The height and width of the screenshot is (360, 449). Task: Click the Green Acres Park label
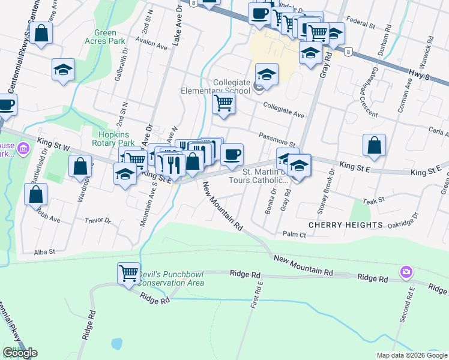point(109,37)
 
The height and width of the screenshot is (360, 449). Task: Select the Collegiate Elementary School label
point(215,87)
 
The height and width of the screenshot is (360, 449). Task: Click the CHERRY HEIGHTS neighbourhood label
point(345,224)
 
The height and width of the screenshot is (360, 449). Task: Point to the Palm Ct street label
point(294,234)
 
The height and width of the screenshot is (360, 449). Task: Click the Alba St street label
point(44,253)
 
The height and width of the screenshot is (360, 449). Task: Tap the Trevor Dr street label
point(98,220)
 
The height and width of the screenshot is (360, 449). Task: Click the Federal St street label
point(363,27)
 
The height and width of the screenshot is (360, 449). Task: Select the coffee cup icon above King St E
point(232,155)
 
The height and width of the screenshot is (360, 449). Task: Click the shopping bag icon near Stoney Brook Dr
point(374,145)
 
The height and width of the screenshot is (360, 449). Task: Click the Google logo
point(20,353)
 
